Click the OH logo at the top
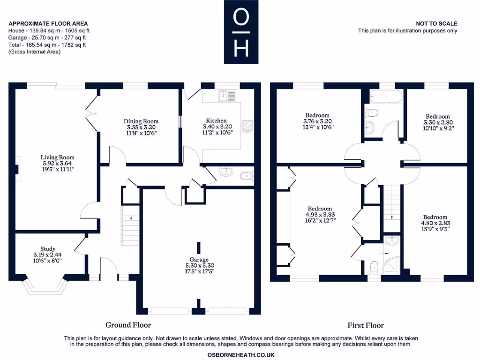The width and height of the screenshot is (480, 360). point(241,32)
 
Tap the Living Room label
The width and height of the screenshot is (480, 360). point(57,164)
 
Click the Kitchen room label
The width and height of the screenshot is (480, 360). point(216,127)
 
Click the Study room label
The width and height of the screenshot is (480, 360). point(47,255)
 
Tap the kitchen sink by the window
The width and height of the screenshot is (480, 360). point(228,96)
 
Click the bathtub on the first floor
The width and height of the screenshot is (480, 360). point(386,97)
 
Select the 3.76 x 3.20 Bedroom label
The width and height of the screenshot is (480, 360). point(317,121)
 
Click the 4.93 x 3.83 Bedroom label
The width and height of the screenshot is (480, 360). point(320,215)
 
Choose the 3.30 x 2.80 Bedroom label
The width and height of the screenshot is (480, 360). point(437,122)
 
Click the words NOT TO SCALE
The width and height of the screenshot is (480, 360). point(436,23)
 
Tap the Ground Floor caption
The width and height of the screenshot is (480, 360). point(128,325)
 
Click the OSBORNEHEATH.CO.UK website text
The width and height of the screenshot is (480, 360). point(241,355)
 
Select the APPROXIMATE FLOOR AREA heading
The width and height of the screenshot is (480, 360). point(48,23)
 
